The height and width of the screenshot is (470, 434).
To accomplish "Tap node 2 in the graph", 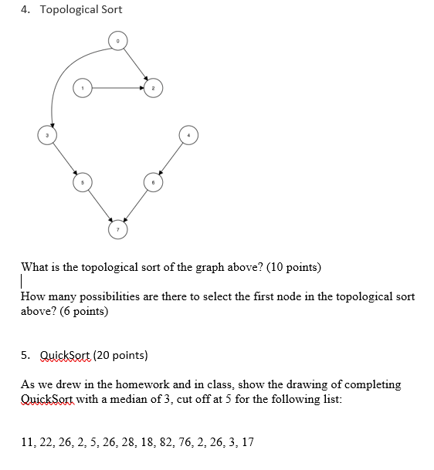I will click(x=153, y=89).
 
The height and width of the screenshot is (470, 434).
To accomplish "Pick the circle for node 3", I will click(x=48, y=137).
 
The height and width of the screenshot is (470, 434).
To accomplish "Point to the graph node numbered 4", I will click(x=188, y=137).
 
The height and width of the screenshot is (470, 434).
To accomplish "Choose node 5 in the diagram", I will click(x=83, y=183).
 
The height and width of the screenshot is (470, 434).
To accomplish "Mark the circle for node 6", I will click(x=152, y=183).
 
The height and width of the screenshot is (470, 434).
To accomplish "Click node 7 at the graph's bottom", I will click(x=117, y=229).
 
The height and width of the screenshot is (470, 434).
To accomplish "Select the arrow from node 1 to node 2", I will click(x=116, y=89).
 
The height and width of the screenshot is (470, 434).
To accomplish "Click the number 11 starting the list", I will click(x=27, y=442).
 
